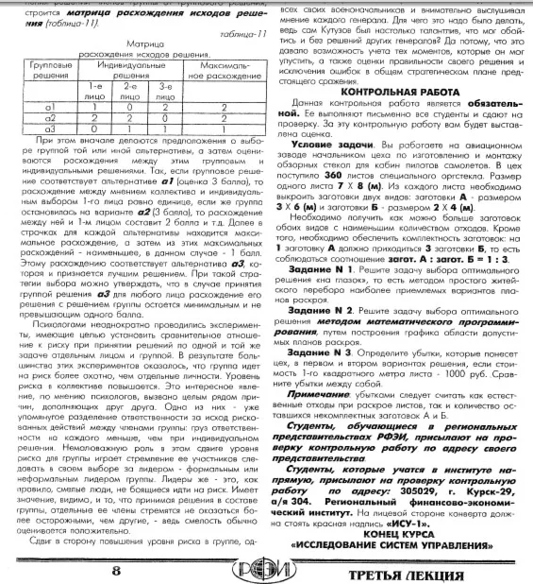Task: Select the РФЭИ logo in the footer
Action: tap(267, 568)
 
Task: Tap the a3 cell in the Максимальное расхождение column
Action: tap(213, 126)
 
